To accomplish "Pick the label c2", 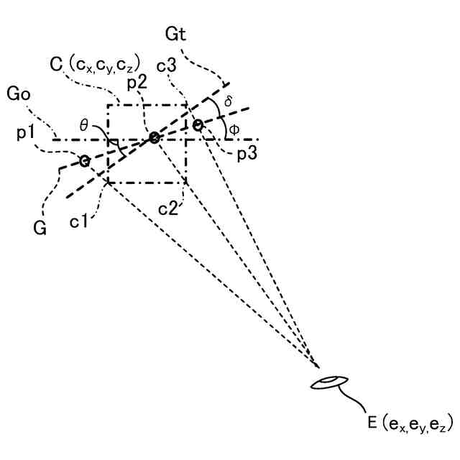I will pos(168,209).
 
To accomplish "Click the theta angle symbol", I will pos(84,125).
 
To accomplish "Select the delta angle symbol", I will pos(229,101).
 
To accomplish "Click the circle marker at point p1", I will pos(84,160).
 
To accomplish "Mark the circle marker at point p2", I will pos(154,138).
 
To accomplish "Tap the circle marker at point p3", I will pos(198,126).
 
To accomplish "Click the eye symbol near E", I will pos(329,382).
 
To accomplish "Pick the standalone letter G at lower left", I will pos(41,229).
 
